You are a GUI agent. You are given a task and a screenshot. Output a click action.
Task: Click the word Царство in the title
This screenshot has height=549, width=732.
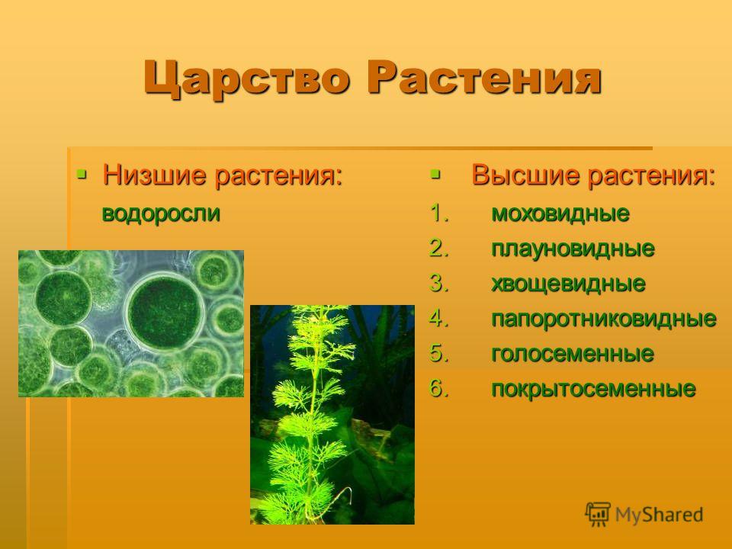pos(246,78)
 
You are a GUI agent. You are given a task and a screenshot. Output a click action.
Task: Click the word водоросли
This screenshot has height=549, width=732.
pos(161,213)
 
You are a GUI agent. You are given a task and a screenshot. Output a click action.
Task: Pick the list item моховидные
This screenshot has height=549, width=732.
pos(560,213)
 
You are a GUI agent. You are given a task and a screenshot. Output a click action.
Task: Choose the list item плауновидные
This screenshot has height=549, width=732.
pos(573,249)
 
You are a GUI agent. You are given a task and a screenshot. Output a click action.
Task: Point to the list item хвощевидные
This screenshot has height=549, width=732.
pos(568,284)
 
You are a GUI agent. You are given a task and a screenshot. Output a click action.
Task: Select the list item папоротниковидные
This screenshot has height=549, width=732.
pos(604,319)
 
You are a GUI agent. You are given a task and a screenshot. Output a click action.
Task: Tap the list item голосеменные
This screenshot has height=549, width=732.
pos(573,353)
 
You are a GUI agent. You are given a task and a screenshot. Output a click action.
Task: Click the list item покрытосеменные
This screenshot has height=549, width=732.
pos(593,388)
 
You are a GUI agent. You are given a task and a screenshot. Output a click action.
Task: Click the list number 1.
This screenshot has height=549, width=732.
pos(439,213)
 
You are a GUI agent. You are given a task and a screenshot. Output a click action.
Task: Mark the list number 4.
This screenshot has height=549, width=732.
pos(439,319)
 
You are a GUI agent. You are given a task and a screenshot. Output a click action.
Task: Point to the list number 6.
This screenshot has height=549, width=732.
pos(439,388)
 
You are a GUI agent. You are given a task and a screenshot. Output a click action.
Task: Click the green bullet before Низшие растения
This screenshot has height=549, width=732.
pos(82,175)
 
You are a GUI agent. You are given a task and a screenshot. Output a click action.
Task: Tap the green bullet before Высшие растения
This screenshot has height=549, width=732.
pos(435,175)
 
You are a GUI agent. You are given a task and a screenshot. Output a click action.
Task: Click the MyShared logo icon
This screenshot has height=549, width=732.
pos(598,515)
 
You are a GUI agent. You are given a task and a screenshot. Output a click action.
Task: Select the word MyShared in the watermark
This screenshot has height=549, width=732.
pos(659,515)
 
